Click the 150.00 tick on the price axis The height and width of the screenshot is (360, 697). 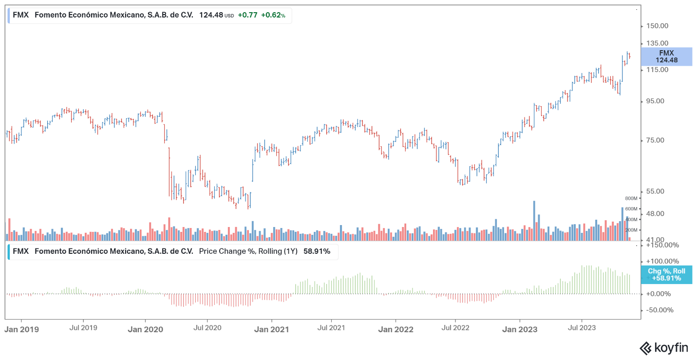(x=657, y=26)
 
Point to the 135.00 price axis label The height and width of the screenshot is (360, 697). (x=657, y=43)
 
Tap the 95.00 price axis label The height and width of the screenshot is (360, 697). (x=655, y=101)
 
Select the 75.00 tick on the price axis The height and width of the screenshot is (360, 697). (x=655, y=140)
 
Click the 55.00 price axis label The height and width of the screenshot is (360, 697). (x=655, y=191)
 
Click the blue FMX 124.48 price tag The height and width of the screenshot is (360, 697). (x=666, y=57)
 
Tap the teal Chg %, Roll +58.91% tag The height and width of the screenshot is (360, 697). (x=666, y=275)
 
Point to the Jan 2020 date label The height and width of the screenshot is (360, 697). (x=145, y=329)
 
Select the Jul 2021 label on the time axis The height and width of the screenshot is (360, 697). (x=331, y=328)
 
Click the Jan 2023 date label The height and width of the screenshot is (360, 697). (x=520, y=329)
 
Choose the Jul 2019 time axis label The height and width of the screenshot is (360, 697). (x=83, y=328)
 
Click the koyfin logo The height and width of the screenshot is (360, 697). (x=664, y=348)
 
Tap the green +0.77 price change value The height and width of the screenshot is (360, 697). (x=248, y=15)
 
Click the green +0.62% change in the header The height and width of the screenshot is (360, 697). (x=273, y=15)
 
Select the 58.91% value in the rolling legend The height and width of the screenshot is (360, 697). (x=317, y=251)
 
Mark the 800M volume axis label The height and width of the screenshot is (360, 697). (x=631, y=199)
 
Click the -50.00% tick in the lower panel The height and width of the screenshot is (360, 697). (x=660, y=310)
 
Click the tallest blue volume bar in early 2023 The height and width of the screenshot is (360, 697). (x=534, y=221)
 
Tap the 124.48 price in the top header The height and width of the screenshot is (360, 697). (x=211, y=15)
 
